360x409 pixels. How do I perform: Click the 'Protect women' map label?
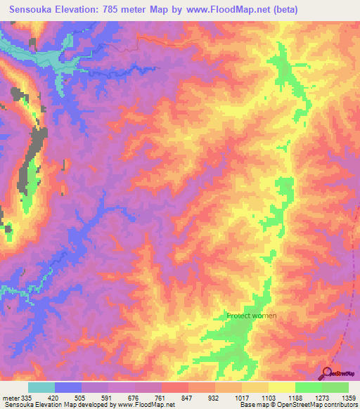click(x=251, y=316)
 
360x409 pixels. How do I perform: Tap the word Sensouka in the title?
click(x=32, y=10)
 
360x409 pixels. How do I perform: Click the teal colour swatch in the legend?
click(x=41, y=387)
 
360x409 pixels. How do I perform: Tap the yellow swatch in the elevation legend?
click(x=281, y=387)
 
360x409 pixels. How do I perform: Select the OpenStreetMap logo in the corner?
click(x=337, y=373)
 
